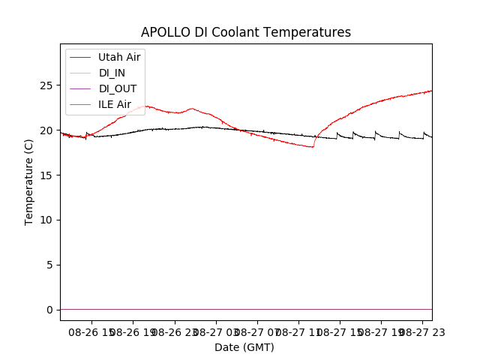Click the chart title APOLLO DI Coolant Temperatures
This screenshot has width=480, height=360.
pos(246,32)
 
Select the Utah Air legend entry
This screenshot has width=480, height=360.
pos(119,57)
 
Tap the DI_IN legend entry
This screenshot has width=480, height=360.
pos(112,73)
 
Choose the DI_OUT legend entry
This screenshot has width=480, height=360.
pos(118,88)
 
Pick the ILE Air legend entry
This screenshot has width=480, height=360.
pos(115,104)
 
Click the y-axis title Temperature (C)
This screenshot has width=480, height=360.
pos(29,181)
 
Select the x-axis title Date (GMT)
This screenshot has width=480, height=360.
pos(244,347)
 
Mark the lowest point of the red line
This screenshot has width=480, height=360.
pos(312,147)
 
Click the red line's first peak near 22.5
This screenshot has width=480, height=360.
pos(146,106)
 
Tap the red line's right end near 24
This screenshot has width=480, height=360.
pos(431,91)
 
